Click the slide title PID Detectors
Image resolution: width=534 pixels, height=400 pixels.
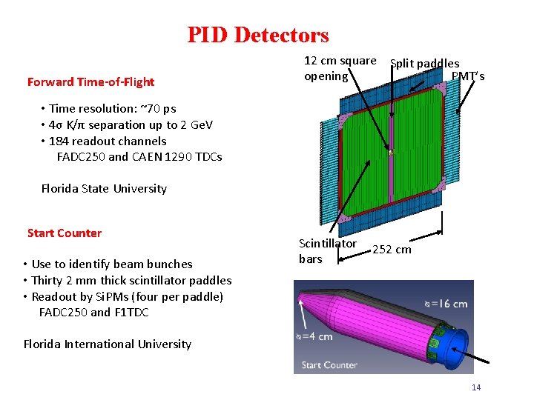pos(257,35)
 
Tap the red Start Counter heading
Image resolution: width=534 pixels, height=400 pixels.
pos(65,233)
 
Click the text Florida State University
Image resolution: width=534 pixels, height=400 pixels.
pos(104,188)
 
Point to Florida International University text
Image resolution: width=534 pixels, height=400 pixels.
pos(108,344)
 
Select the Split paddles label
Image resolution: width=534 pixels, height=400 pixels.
pos(424,64)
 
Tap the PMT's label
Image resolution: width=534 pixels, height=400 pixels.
pos(468,76)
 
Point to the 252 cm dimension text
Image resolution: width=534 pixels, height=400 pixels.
pos(392,250)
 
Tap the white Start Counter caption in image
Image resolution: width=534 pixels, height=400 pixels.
pos(329,364)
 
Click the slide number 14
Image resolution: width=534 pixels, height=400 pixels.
pos(476,387)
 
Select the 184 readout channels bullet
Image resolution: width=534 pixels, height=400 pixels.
pos(108,141)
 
